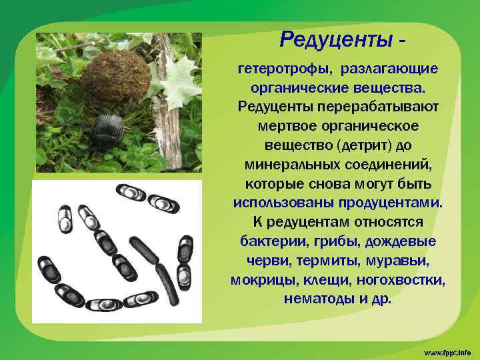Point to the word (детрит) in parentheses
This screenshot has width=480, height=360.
coord(367,145)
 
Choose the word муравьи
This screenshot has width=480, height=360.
coord(389,259)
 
